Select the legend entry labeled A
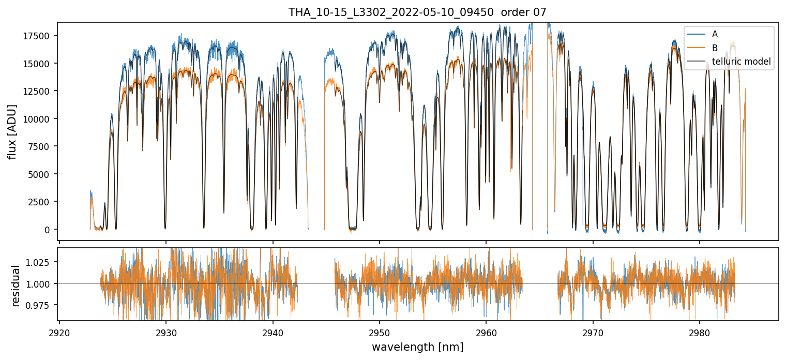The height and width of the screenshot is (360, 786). (715, 34)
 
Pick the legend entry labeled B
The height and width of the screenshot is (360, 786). (715, 48)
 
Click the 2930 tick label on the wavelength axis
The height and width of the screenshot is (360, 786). (166, 332)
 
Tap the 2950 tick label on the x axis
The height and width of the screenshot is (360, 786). (380, 332)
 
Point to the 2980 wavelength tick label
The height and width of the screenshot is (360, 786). (700, 332)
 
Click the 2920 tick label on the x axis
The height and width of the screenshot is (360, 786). (59, 332)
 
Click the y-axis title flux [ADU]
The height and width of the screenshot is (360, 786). (12, 131)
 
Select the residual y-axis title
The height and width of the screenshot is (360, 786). (16, 286)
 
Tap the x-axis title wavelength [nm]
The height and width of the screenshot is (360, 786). (417, 347)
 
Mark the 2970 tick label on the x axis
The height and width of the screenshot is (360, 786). (593, 332)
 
